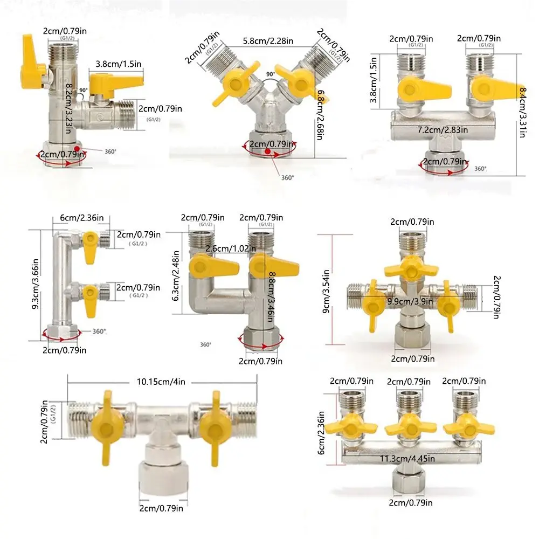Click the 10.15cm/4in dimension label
[x=161, y=382]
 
